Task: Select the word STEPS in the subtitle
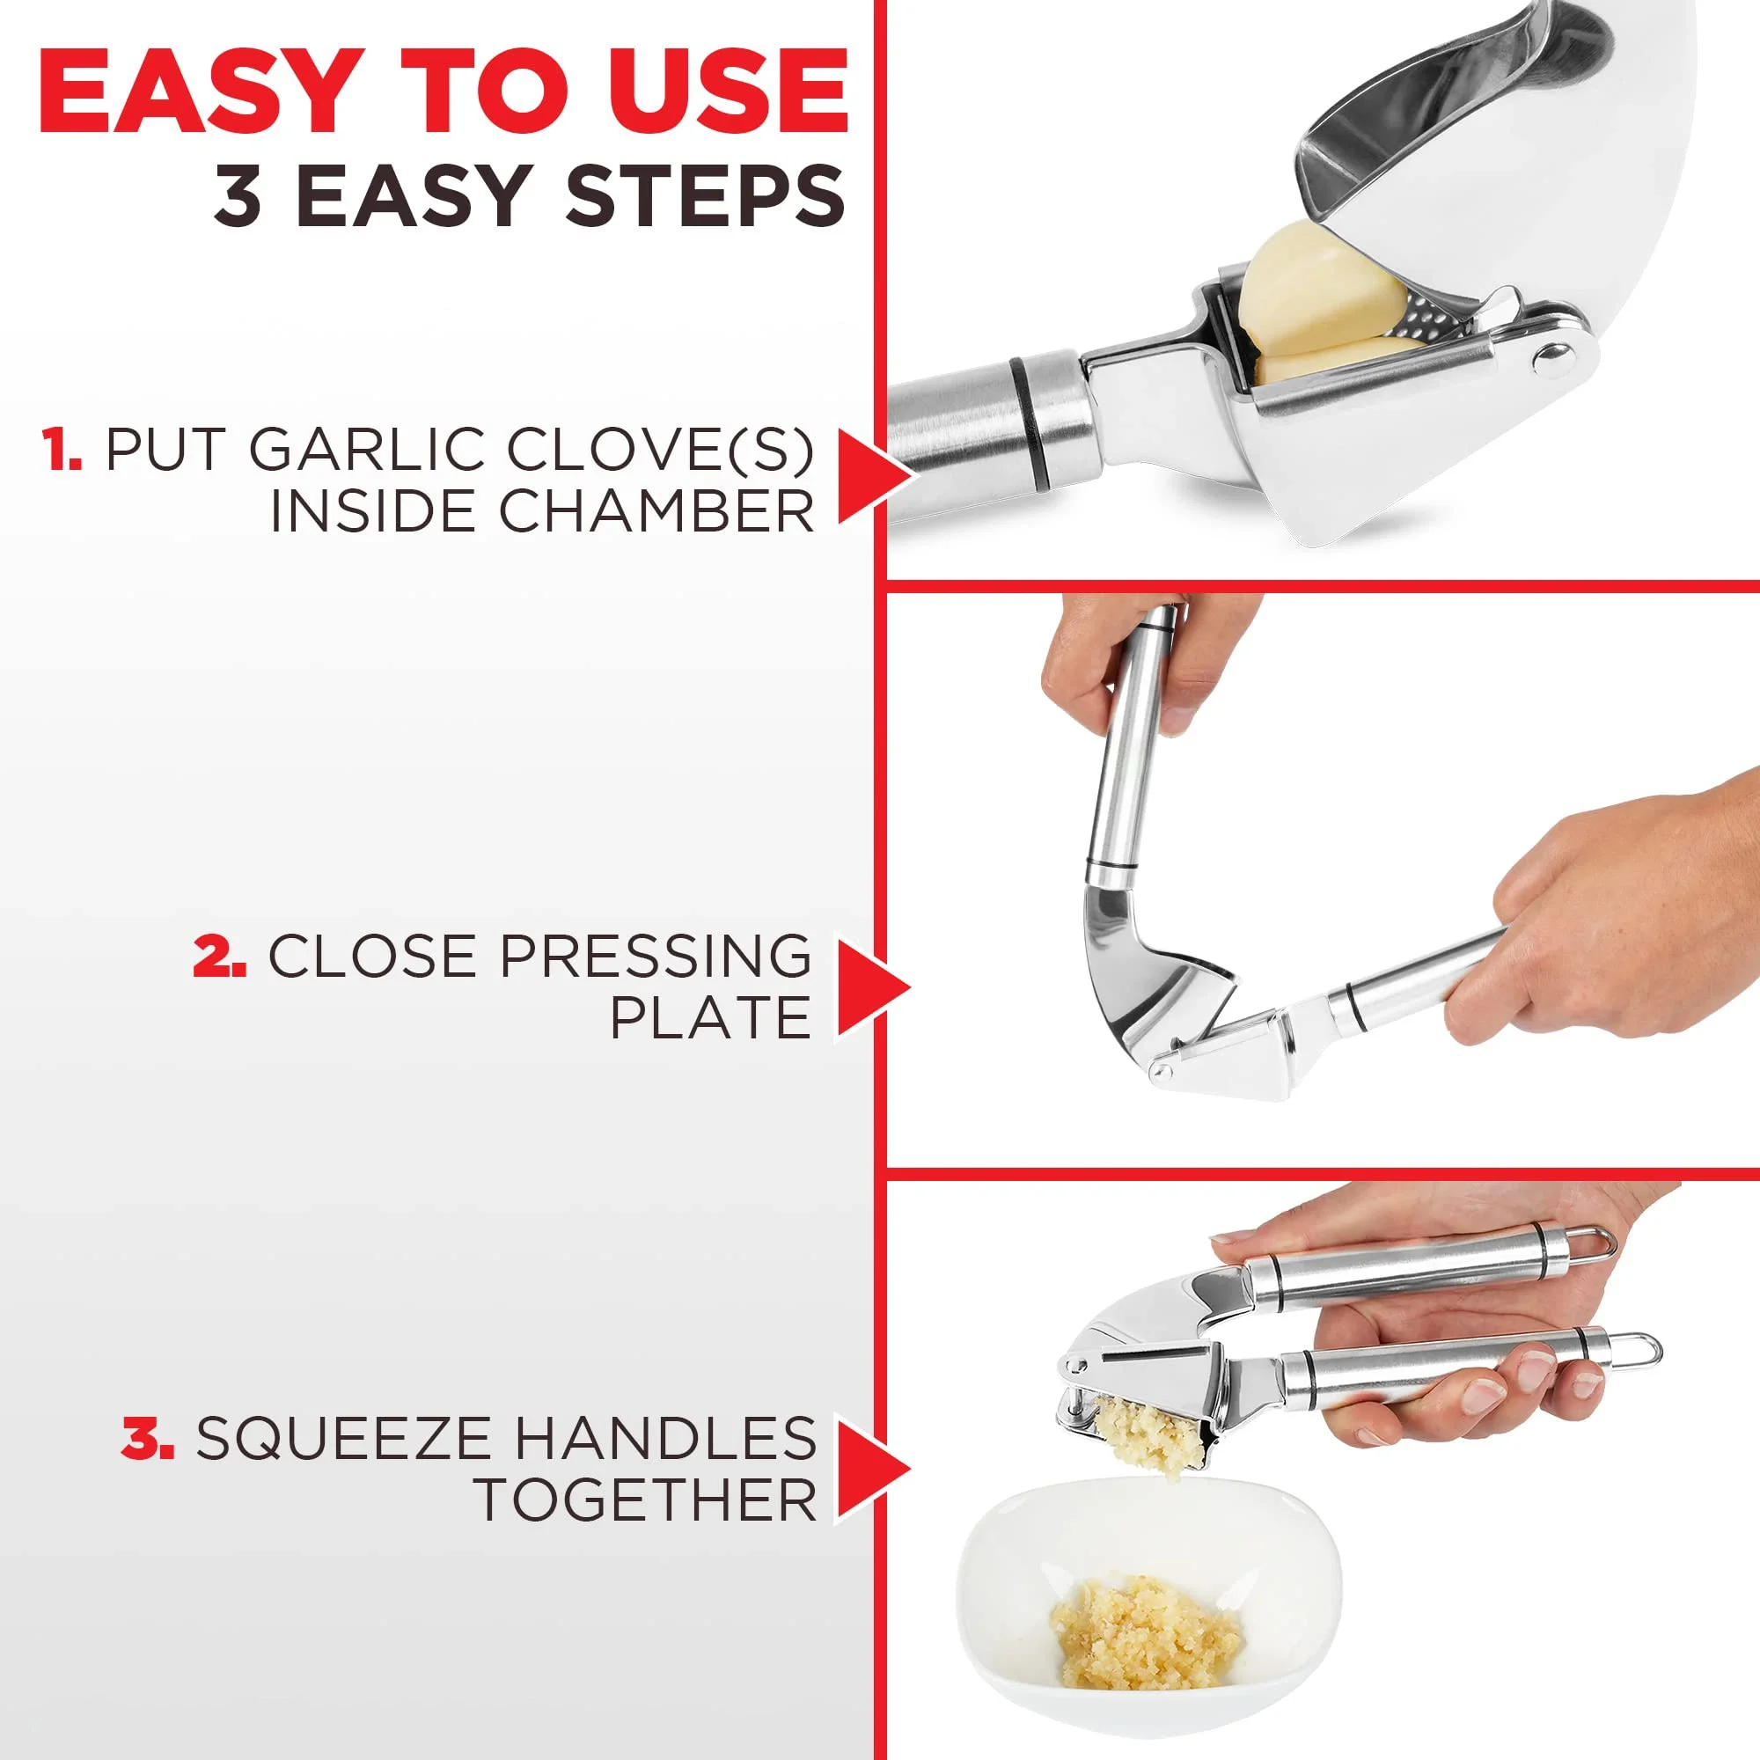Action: pyautogui.click(x=705, y=196)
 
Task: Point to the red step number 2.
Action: pyautogui.click(x=218, y=957)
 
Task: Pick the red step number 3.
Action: pyautogui.click(x=148, y=1438)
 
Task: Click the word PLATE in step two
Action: pyautogui.click(x=710, y=1017)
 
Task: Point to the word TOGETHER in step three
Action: pyautogui.click(x=646, y=1500)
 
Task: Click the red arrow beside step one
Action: pyautogui.click(x=870, y=477)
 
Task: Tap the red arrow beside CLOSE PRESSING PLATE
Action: pyautogui.click(x=870, y=987)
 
